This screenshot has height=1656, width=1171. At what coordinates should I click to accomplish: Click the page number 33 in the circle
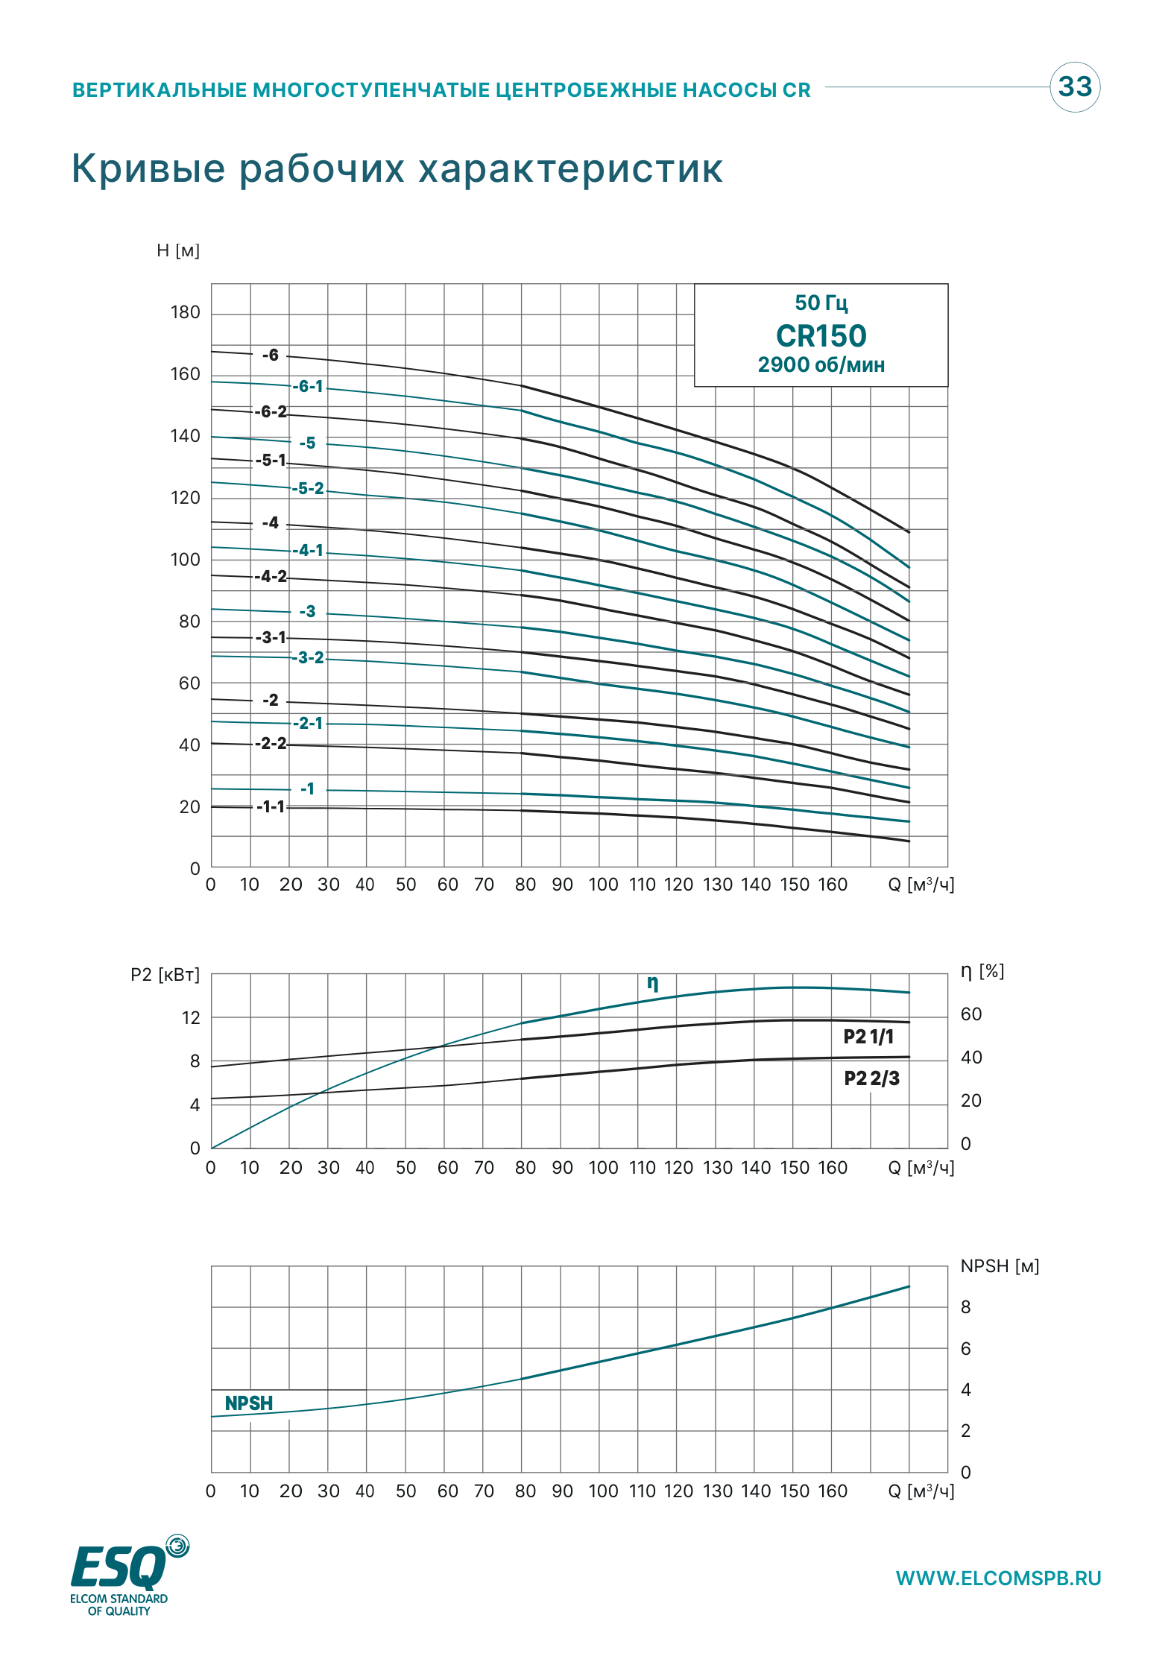click(1075, 86)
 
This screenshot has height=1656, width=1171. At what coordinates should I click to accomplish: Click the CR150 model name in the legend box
click(821, 336)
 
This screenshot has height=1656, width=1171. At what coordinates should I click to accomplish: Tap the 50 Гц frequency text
click(821, 303)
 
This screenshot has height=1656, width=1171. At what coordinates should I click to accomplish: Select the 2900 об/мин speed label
click(821, 365)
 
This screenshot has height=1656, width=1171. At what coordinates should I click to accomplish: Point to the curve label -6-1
click(309, 386)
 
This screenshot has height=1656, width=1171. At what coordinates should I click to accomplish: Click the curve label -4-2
click(271, 576)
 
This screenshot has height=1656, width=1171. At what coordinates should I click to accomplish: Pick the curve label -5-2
click(309, 488)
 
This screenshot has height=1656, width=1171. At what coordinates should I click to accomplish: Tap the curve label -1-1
click(271, 806)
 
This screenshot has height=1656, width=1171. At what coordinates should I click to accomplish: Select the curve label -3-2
click(309, 657)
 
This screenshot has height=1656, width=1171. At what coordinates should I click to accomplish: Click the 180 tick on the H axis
click(185, 312)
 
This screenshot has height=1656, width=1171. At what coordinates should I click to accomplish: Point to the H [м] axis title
click(178, 250)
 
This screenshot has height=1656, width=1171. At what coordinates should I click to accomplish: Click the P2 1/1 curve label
click(868, 1037)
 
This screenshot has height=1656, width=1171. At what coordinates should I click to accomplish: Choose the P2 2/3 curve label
click(871, 1078)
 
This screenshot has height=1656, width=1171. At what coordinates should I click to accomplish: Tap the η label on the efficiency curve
click(653, 983)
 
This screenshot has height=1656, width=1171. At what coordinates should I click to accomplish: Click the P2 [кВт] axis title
click(165, 975)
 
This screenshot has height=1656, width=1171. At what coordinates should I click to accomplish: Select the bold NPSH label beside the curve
click(249, 1403)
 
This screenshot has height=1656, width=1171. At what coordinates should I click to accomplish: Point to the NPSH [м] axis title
click(1000, 1266)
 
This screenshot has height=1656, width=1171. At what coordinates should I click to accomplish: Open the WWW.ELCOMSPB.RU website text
click(998, 1578)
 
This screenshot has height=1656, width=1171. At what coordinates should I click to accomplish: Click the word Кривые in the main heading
click(148, 168)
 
